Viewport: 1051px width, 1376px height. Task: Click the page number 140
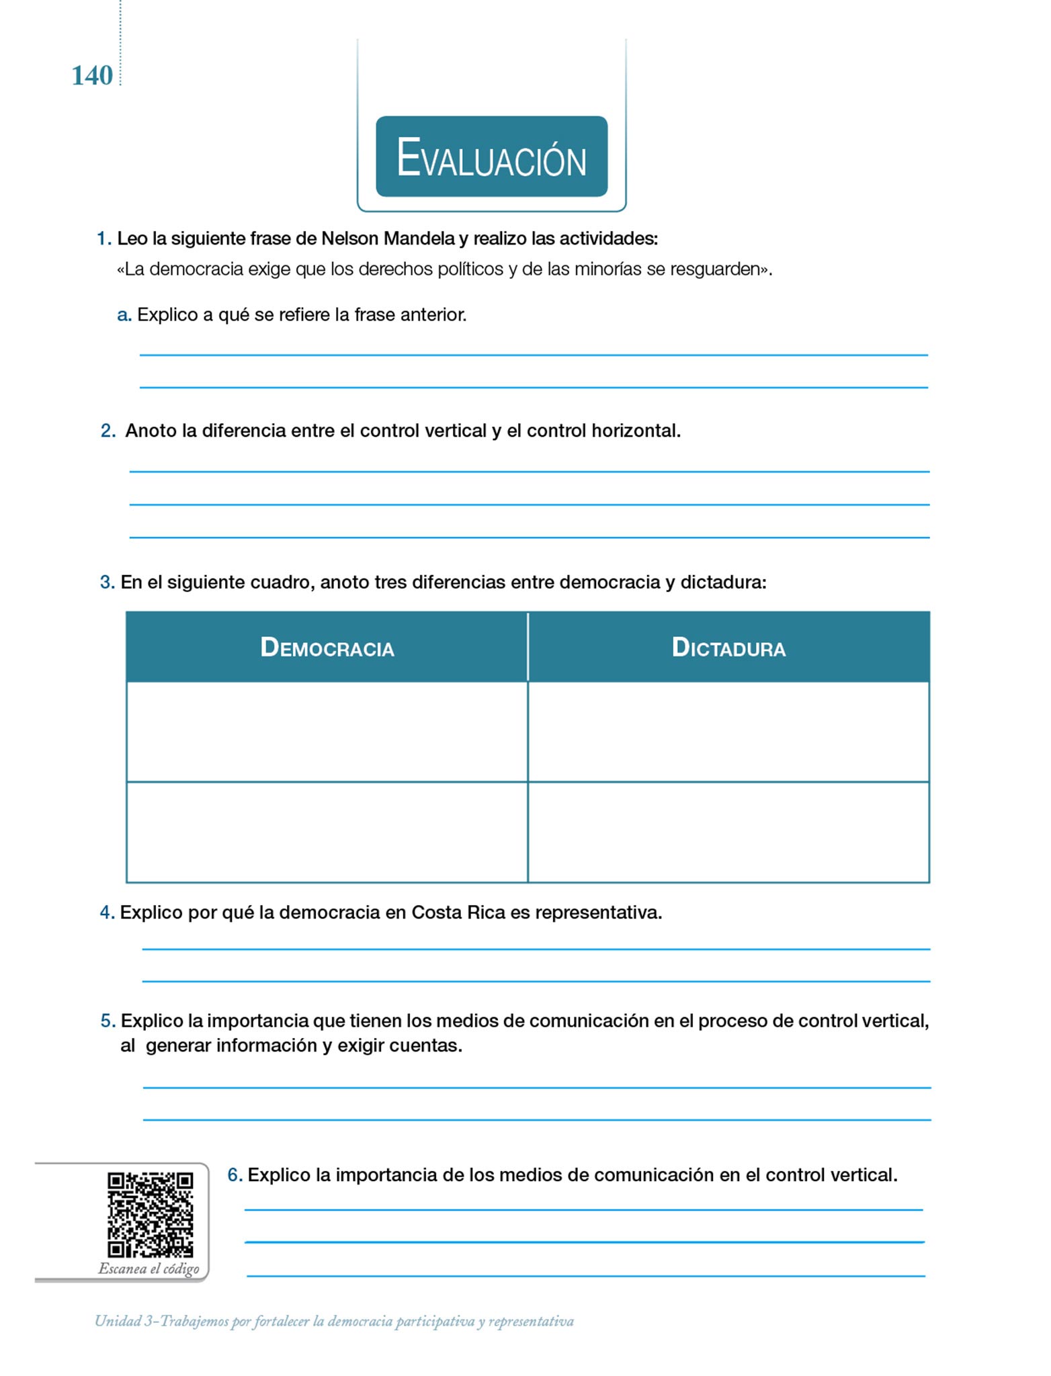point(92,76)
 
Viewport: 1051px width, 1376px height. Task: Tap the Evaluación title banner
point(491,157)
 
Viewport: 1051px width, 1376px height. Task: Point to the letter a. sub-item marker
point(124,315)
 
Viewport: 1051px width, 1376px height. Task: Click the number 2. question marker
point(108,431)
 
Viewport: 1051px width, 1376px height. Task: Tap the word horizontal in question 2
point(636,431)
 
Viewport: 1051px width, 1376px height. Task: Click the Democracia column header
point(327,648)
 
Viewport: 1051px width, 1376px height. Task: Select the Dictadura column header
point(728,648)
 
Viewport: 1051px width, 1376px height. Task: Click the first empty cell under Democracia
point(327,732)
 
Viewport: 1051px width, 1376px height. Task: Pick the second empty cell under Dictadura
point(728,832)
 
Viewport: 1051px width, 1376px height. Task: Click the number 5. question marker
point(108,1021)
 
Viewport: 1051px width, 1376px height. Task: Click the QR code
point(150,1215)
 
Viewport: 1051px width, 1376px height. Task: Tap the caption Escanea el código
point(149,1269)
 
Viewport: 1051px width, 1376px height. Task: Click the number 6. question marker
point(235,1175)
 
